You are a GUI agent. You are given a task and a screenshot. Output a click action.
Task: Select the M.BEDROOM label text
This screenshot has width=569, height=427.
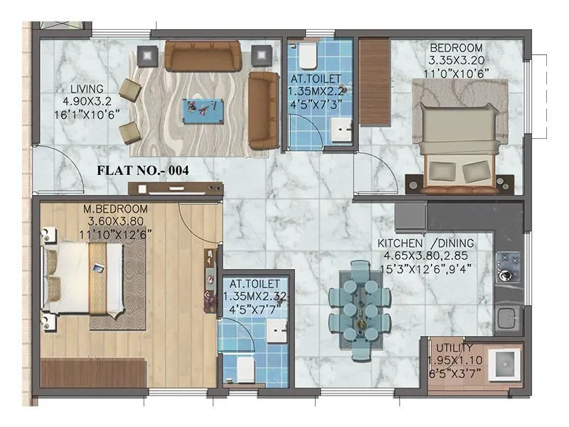coord(115,209)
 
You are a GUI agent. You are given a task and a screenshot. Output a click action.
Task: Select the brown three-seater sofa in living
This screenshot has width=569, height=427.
coord(201,56)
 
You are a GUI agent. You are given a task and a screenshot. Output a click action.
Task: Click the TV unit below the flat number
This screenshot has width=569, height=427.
coord(176,189)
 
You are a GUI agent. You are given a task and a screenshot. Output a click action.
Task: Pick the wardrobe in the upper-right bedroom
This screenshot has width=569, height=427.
coord(372,82)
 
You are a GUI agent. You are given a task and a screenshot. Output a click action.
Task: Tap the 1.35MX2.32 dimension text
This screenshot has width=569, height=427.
coord(256,296)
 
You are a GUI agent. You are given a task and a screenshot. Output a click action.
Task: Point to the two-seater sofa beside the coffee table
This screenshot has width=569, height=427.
coord(263,110)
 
